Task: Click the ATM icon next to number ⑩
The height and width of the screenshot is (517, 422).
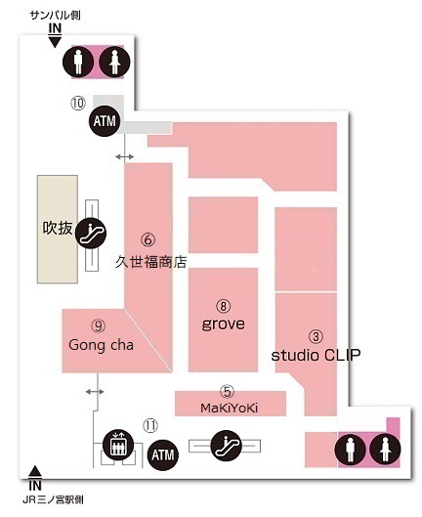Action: coord(105,120)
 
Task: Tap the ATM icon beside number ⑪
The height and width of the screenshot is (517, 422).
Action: coord(163,455)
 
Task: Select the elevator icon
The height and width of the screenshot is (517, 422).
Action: coord(118,445)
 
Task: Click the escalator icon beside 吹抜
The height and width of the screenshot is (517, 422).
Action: coord(91,234)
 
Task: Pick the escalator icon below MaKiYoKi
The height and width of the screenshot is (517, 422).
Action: coord(227,446)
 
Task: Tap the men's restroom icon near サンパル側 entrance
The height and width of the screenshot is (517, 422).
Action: coord(78,62)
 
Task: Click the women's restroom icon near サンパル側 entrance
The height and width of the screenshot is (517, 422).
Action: coord(114,62)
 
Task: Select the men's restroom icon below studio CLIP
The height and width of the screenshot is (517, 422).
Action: coord(350,450)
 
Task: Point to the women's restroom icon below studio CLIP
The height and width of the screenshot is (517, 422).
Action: coord(386,450)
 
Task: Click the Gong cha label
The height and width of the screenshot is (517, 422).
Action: coord(101,345)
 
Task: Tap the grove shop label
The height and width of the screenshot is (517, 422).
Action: coord(223,324)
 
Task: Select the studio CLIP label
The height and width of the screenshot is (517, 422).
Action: coord(316,355)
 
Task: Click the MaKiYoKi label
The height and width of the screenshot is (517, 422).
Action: coord(230,409)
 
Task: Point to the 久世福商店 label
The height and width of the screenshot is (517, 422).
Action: coord(151,262)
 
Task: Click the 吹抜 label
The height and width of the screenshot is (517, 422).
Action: coord(58,228)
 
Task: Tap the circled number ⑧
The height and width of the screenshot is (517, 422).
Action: coord(223,306)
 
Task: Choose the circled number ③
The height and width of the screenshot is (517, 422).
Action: coord(316,336)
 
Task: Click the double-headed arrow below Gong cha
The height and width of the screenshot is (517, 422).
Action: coord(95,392)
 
